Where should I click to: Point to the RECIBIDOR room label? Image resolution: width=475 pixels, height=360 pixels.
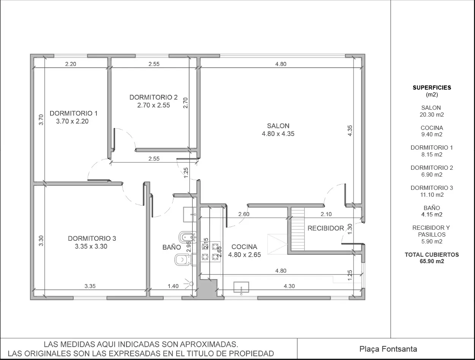click(326, 228)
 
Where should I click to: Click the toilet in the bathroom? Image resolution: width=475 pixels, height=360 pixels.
click(183, 260)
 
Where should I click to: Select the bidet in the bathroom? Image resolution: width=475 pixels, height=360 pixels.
click(188, 237)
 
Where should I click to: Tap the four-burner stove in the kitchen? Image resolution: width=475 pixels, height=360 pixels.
click(210, 252)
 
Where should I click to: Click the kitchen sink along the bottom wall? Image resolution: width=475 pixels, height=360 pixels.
click(241, 287)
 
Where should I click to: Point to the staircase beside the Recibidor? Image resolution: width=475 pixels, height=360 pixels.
click(298, 229)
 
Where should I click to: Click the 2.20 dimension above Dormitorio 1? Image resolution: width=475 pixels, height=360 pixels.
click(71, 64)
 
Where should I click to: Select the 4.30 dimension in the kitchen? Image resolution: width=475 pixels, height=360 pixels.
click(289, 286)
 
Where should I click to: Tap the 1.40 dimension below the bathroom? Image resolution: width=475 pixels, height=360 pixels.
click(173, 286)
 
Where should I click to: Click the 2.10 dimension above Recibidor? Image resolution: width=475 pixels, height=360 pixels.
click(326, 214)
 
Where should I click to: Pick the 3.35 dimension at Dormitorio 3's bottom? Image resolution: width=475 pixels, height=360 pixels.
click(90, 286)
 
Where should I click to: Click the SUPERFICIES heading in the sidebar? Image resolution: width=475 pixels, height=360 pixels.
click(432, 88)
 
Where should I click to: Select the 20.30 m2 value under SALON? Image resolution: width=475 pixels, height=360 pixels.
click(432, 115)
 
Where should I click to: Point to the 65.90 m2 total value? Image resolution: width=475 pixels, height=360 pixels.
click(432, 261)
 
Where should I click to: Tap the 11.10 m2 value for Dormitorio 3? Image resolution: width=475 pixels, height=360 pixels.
click(432, 195)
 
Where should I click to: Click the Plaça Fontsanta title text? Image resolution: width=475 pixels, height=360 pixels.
click(388, 349)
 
